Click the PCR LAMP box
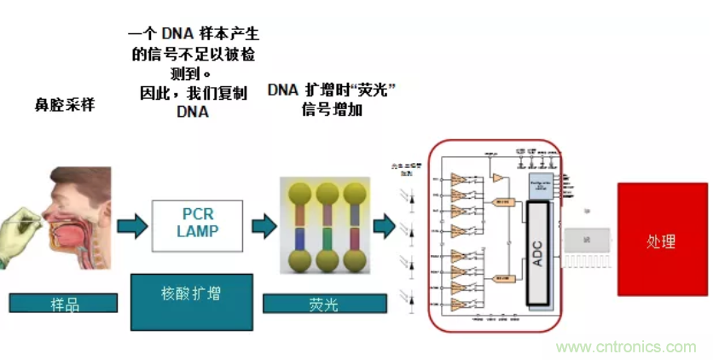[x=197, y=224]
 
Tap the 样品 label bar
[x=63, y=303]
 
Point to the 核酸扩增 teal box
[x=191, y=301]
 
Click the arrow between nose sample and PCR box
[x=132, y=226]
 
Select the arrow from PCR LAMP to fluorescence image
[x=264, y=226]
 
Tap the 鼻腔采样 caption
[x=64, y=107]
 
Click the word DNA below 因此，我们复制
[x=193, y=112]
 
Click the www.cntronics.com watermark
[x=626, y=347]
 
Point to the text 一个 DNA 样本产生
[x=193, y=34]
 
